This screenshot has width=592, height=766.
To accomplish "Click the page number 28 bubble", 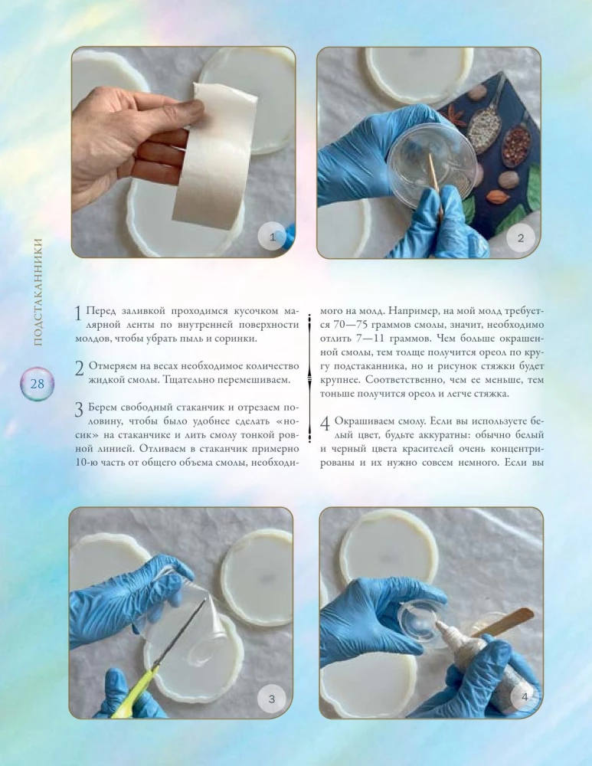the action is [x=37, y=384].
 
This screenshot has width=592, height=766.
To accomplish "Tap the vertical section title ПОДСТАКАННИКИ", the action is [x=38, y=292].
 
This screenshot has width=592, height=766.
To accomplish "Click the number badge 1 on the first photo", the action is [x=272, y=237].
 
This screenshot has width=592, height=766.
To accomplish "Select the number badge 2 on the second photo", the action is [x=520, y=238].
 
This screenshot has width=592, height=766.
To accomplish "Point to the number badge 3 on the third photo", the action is [x=272, y=699].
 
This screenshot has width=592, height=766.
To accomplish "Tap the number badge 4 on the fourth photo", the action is [x=525, y=697].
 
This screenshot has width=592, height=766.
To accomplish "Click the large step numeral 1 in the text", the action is [x=78, y=313].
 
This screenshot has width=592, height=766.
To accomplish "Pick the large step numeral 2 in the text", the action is [x=80, y=368].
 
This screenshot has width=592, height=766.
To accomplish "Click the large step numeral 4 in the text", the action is [x=325, y=424].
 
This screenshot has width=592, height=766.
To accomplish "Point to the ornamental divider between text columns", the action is [x=309, y=378].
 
